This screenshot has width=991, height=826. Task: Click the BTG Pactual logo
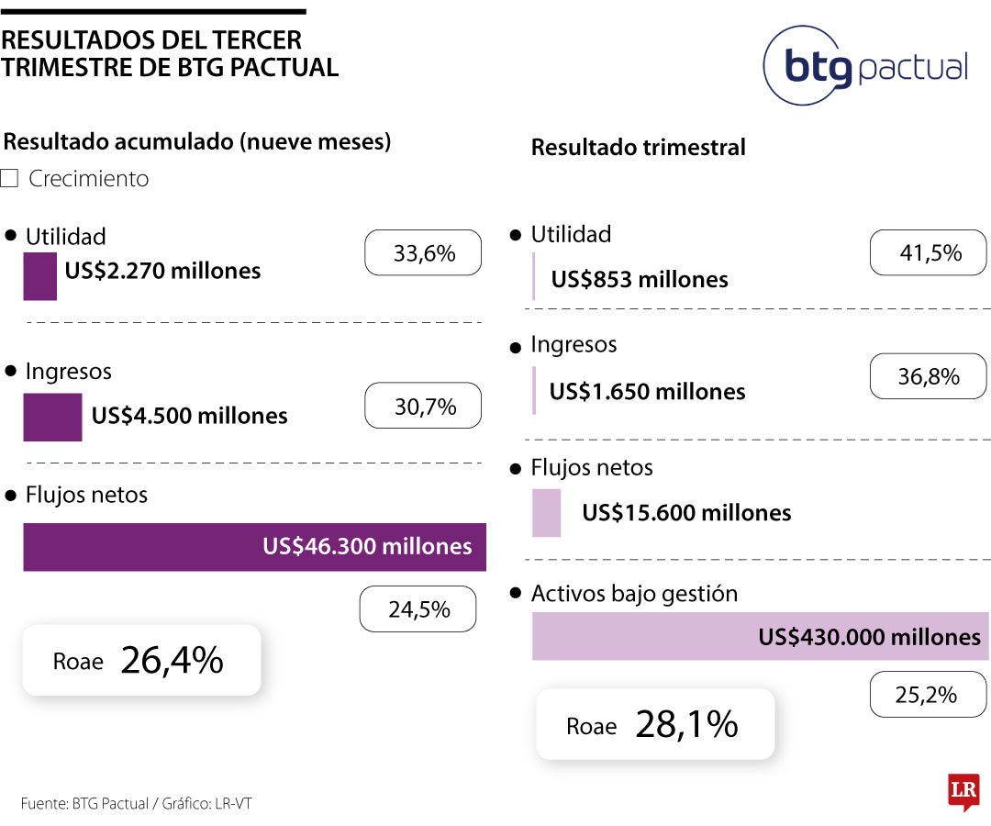[865, 66]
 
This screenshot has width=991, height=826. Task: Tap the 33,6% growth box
[423, 252]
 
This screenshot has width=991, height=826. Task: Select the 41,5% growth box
[930, 252]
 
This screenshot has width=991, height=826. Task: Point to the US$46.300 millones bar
[254, 547]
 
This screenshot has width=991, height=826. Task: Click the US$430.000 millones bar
[760, 637]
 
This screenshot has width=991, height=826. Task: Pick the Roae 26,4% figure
[141, 661]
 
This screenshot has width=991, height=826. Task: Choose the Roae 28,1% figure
[655, 725]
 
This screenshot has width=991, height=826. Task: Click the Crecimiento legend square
[9, 178]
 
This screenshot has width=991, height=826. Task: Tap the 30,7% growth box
[423, 406]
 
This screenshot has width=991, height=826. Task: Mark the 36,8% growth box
[928, 376]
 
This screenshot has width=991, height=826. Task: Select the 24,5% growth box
[418, 609]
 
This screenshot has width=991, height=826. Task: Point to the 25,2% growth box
[927, 695]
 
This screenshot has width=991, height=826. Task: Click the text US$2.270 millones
[162, 271]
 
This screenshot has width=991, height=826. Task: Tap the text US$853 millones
[640, 279]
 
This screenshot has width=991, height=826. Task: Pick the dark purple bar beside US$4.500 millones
[52, 417]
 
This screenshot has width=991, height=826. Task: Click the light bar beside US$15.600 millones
[546, 512]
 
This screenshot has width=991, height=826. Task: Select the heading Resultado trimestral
[639, 147]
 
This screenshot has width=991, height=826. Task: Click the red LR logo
[963, 791]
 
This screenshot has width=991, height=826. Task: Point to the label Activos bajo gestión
[634, 593]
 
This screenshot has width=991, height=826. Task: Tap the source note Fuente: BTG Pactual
[84, 803]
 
